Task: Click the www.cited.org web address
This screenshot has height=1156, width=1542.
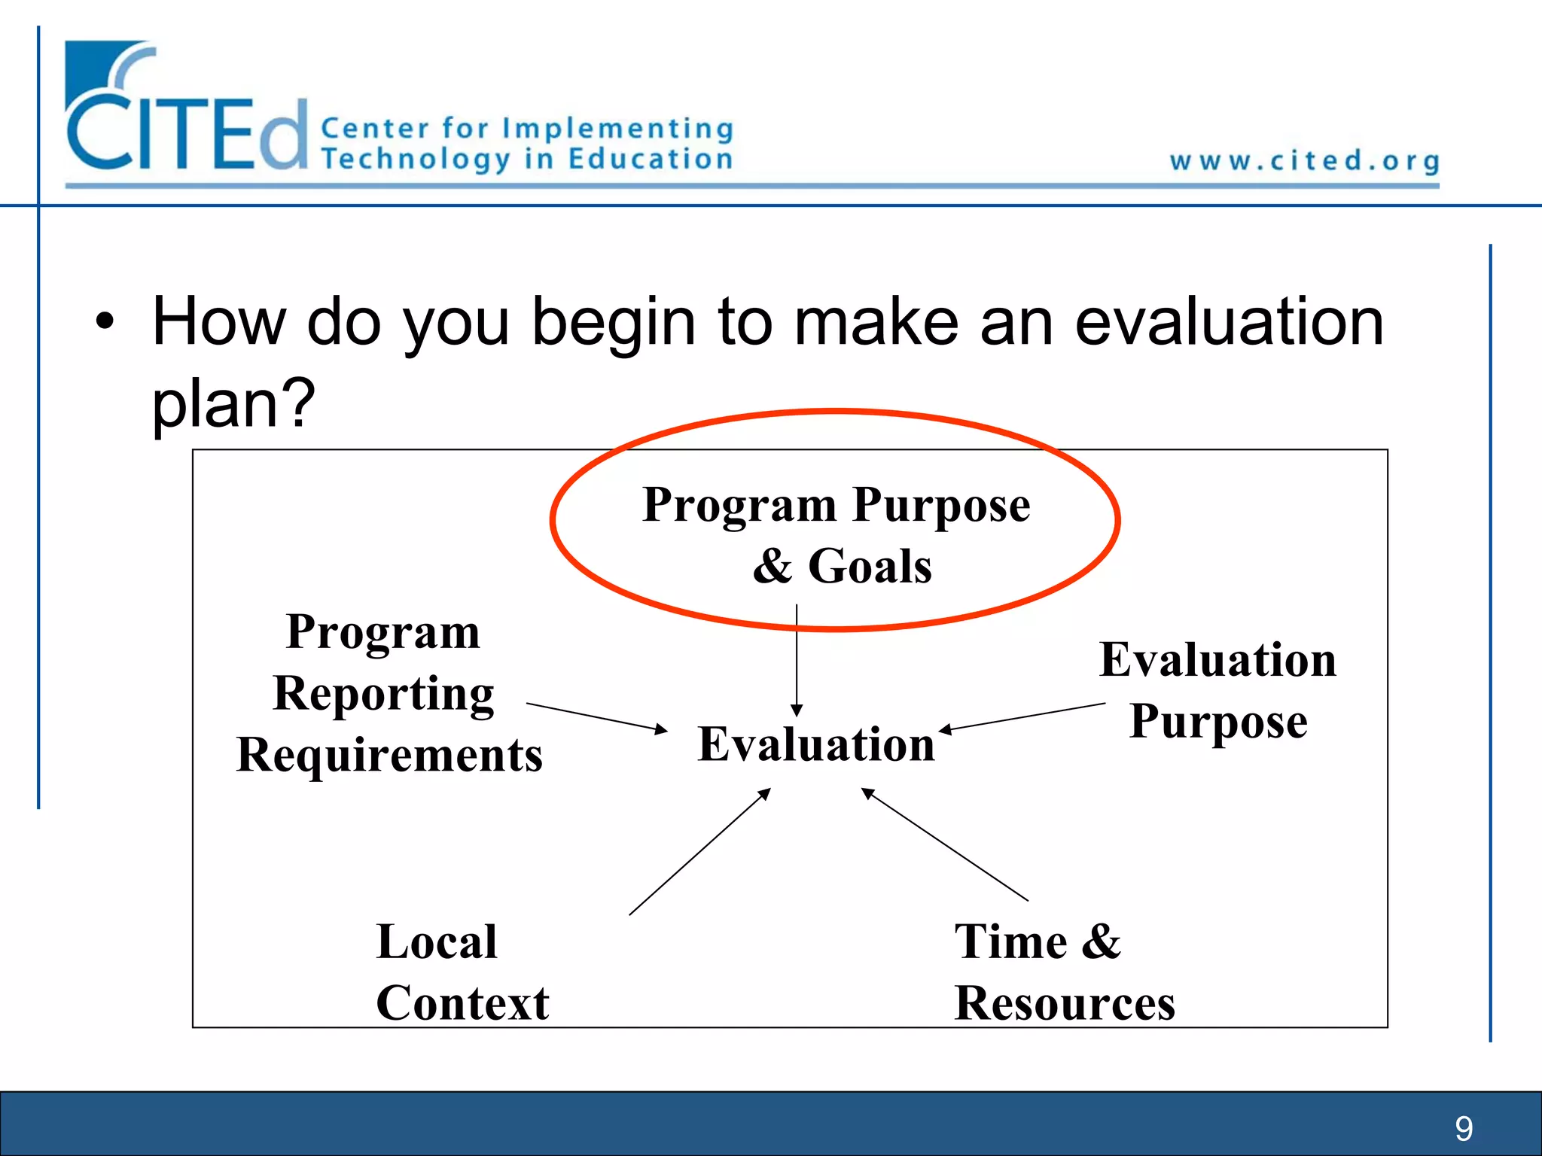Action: (1304, 161)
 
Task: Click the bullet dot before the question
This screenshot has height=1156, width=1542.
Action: (105, 322)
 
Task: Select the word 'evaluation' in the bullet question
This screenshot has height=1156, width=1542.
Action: (1229, 322)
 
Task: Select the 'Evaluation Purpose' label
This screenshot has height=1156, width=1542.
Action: (1217, 690)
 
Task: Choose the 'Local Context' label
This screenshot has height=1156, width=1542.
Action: (461, 972)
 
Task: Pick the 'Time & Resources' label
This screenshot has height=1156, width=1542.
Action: (1063, 972)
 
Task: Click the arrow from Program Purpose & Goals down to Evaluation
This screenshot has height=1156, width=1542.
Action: (797, 659)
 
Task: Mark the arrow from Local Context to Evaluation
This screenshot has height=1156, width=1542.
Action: (700, 851)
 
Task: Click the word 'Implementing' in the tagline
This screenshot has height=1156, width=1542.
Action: (617, 129)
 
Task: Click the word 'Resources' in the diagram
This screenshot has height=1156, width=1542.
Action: (1065, 1002)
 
